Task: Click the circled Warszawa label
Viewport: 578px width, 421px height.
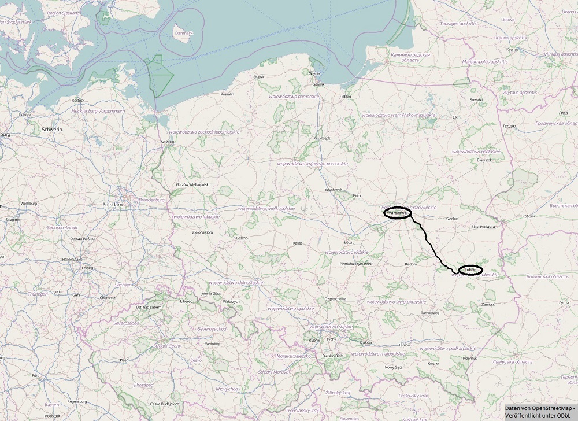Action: click(397, 213)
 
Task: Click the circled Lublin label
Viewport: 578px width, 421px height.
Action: click(470, 270)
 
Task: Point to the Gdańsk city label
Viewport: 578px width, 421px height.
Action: click(319, 84)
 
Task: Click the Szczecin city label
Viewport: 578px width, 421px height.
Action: click(168, 142)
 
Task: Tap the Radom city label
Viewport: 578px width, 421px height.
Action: click(410, 264)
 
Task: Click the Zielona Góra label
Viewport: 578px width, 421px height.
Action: click(202, 232)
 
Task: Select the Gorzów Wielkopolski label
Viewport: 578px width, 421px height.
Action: click(192, 185)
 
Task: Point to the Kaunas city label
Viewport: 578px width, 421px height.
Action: click(512, 50)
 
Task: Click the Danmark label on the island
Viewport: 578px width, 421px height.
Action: click(183, 34)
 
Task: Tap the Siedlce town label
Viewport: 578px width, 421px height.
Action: click(452, 219)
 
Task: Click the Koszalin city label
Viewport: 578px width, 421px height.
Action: click(227, 94)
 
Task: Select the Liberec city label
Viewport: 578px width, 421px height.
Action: click(186, 301)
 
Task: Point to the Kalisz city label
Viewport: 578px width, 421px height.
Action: click(298, 243)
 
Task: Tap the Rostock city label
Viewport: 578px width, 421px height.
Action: click(78, 100)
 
